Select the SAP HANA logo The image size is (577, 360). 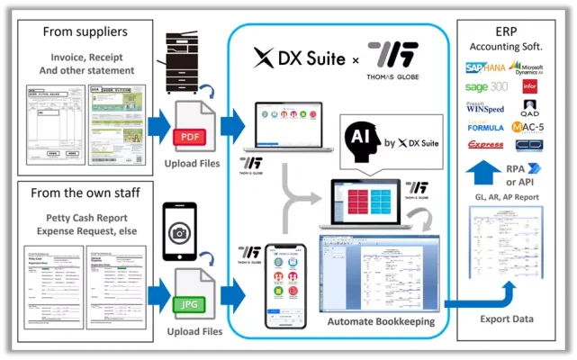486,67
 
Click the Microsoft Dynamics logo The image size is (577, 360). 527,67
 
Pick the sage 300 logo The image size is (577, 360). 485,87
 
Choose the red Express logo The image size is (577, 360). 485,144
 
